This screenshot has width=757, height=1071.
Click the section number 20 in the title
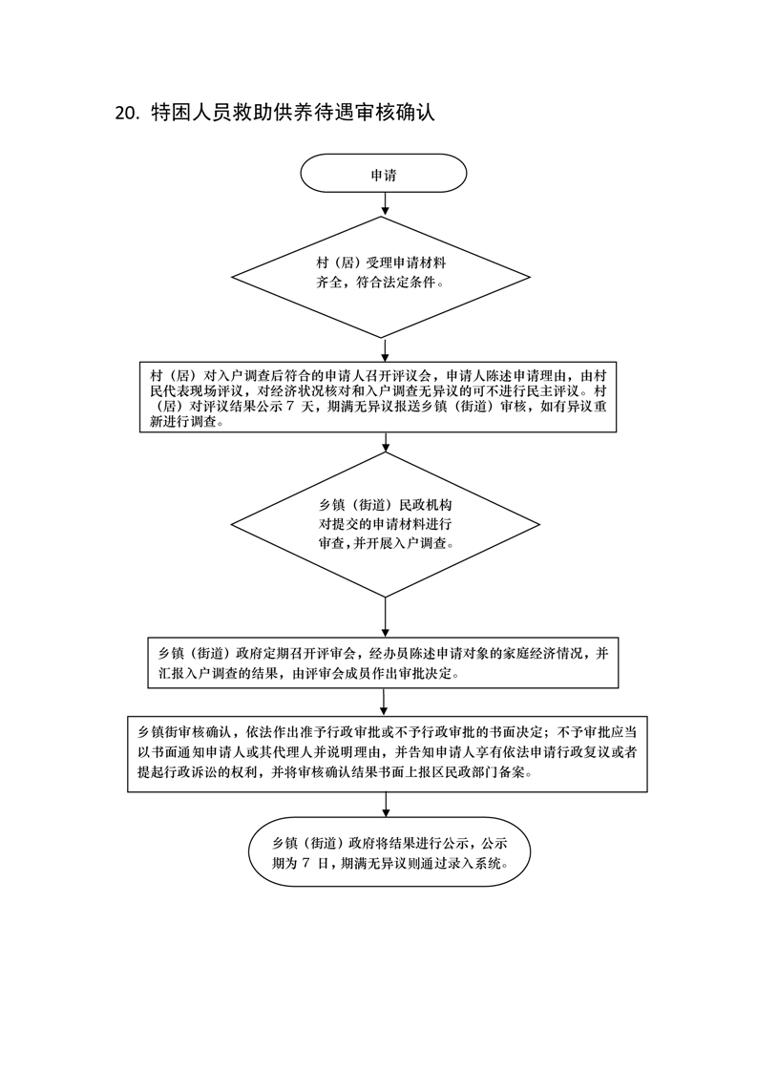pyautogui.click(x=127, y=113)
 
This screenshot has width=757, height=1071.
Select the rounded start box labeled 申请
pyautogui.click(x=384, y=175)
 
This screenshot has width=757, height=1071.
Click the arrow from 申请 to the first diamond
pyautogui.click(x=384, y=203)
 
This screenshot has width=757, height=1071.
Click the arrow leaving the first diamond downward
pyautogui.click(x=384, y=349)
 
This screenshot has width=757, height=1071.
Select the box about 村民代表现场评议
pyautogui.click(x=384, y=398)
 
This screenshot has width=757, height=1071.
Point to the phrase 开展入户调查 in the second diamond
pyautogui.click(x=413, y=542)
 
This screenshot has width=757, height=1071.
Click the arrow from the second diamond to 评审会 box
pyautogui.click(x=384, y=617)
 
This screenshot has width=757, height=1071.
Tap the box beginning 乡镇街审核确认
pyautogui.click(x=383, y=753)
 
